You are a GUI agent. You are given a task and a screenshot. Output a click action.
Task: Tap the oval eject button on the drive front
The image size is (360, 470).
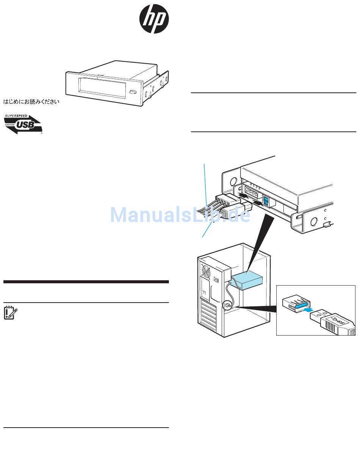tap(132, 92)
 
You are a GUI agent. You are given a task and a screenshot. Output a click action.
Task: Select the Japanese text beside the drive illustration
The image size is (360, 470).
tap(32, 102)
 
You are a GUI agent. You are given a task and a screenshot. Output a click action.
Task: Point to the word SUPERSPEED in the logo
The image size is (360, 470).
tap(16, 116)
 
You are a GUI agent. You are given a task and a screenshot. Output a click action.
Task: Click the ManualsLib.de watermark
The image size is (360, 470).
tap(180, 215)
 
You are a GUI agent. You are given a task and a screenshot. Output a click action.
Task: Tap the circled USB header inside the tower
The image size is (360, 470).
tap(228, 304)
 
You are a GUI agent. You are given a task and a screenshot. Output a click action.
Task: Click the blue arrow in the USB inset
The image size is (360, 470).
tap(309, 309)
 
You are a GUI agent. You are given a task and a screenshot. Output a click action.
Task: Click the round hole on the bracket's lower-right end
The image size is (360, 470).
tap(314, 221)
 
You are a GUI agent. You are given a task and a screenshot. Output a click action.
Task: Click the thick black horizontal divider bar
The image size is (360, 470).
tap(86, 282)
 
